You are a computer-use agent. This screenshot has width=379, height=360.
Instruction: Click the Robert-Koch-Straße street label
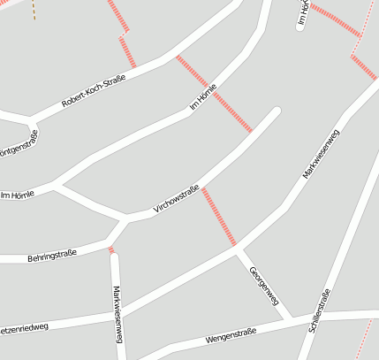coord(94,90)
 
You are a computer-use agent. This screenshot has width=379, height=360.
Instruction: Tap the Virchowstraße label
coord(177,199)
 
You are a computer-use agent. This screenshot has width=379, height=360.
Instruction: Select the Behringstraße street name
coord(52,256)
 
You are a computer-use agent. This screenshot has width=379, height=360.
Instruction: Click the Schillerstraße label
coord(320,310)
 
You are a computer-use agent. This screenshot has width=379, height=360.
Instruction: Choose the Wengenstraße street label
coord(231,335)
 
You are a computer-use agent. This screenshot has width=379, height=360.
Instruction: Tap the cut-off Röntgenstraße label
coord(18,142)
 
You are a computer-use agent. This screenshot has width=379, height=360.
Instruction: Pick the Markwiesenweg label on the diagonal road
coord(321,155)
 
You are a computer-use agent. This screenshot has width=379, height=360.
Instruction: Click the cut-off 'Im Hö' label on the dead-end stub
coord(302,13)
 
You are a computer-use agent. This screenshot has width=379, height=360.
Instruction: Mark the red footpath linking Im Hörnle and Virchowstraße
coord(214,94)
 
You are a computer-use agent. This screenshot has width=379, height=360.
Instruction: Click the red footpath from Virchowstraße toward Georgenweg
coord(219,216)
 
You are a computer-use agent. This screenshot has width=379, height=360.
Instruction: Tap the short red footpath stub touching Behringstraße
coord(111,250)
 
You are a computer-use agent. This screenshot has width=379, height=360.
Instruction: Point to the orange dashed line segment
coord(34,10)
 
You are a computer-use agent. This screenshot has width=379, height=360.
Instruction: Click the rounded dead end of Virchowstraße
coord(276,111)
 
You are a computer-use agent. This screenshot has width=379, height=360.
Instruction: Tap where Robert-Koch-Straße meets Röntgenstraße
coord(34,120)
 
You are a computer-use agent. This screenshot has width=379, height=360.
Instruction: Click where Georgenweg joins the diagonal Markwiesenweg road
coord(238,248)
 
